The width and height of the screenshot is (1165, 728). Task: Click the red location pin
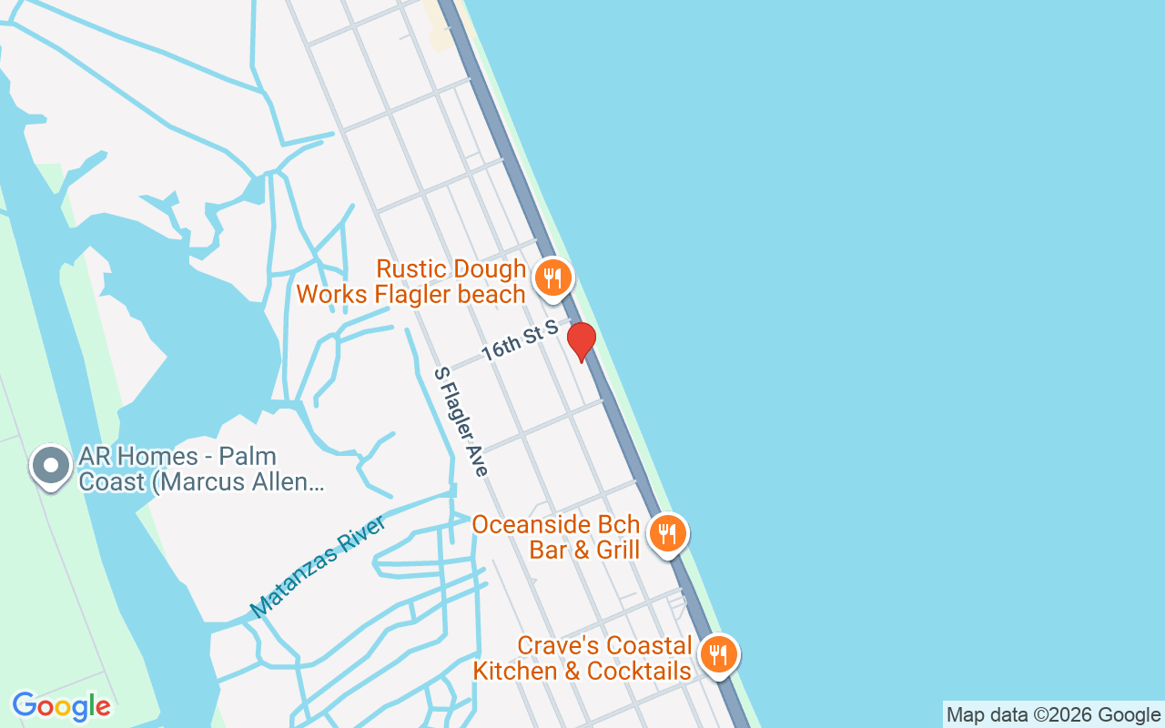(582, 341)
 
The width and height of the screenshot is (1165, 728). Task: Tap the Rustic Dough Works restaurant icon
(552, 277)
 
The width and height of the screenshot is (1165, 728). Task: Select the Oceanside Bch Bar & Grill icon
(669, 533)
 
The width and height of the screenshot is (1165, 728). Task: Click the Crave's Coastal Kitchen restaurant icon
(719, 654)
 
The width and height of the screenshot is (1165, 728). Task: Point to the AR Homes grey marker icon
(51, 466)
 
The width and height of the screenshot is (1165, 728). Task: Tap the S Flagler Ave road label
(461, 421)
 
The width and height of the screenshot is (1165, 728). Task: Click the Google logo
(61, 706)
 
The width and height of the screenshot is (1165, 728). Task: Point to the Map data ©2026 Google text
(1053, 715)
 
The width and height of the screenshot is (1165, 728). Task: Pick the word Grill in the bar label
(618, 551)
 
